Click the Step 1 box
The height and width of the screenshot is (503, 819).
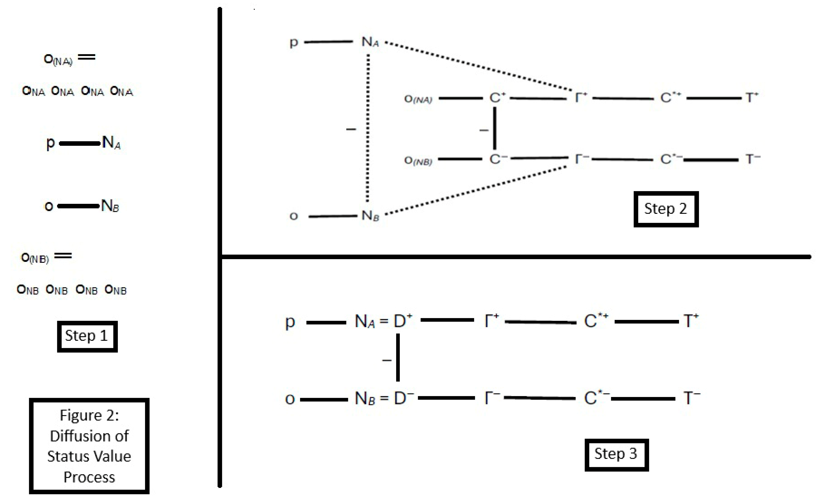coord(87,336)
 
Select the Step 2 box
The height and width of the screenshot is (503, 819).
coord(666,209)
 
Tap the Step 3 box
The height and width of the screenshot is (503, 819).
coord(616,454)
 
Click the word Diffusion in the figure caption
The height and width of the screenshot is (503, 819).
coord(89,436)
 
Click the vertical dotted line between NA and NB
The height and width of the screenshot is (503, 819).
coord(368,130)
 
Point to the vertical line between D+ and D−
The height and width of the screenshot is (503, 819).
coord(398,358)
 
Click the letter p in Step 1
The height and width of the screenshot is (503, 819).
coord(50,143)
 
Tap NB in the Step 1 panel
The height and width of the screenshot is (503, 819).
coord(110,206)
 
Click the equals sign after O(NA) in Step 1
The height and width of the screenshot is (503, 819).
coord(87,57)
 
